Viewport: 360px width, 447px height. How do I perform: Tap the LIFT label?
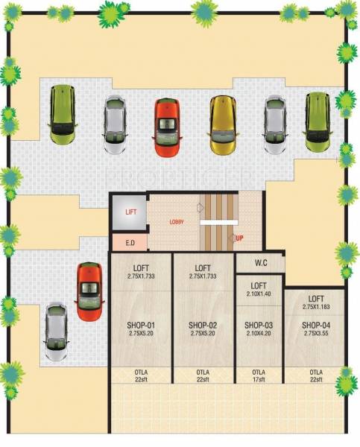pos(130,212)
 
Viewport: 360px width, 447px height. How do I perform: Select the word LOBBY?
pos(176,222)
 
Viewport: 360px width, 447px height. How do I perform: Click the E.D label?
pos(129,242)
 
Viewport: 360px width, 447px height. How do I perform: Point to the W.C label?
pos(260,262)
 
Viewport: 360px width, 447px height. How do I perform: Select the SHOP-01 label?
pos(140,326)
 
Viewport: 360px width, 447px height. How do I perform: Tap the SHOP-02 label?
pos(203,326)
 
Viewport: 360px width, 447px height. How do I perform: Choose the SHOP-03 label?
pos(259,326)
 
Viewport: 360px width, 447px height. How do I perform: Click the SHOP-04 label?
pos(316,326)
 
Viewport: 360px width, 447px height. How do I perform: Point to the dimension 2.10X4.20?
pos(259,335)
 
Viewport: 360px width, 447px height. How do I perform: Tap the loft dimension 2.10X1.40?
pos(259,294)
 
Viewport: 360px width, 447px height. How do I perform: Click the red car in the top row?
pos(167,127)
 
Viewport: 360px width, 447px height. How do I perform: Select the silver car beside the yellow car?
pos(275,124)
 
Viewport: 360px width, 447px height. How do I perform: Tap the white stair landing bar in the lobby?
pos(218,222)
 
